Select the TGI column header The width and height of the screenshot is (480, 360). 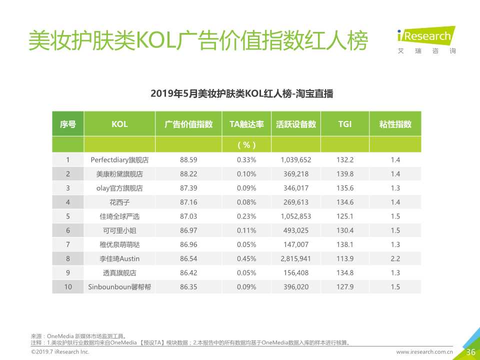[345, 124]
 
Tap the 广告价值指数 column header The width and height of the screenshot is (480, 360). [188, 124]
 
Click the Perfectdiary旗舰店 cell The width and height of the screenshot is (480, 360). [119, 160]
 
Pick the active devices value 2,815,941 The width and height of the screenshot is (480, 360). [296, 259]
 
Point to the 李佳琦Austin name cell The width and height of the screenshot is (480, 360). [119, 259]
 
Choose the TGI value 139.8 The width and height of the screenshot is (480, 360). [345, 174]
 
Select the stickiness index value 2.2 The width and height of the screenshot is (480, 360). [395, 259]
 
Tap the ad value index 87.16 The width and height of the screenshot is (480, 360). [188, 202]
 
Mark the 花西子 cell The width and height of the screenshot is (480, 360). [119, 202]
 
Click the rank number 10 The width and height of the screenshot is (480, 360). [68, 287]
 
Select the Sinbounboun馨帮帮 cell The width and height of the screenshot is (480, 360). [119, 287]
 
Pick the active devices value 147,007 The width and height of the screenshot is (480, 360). [296, 245]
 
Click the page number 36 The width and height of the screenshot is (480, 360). [470, 352]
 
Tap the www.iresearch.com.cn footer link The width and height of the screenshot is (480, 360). [424, 352]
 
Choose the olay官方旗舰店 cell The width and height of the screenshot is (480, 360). [119, 188]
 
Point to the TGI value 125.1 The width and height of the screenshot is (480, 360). [345, 216]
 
